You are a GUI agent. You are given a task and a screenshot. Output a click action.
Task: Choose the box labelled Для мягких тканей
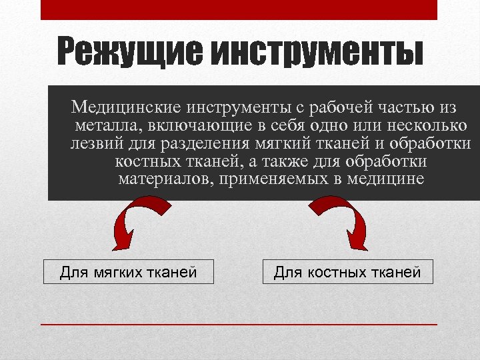tap(129, 272)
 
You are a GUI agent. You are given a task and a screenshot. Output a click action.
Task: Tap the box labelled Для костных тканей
tap(347, 272)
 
